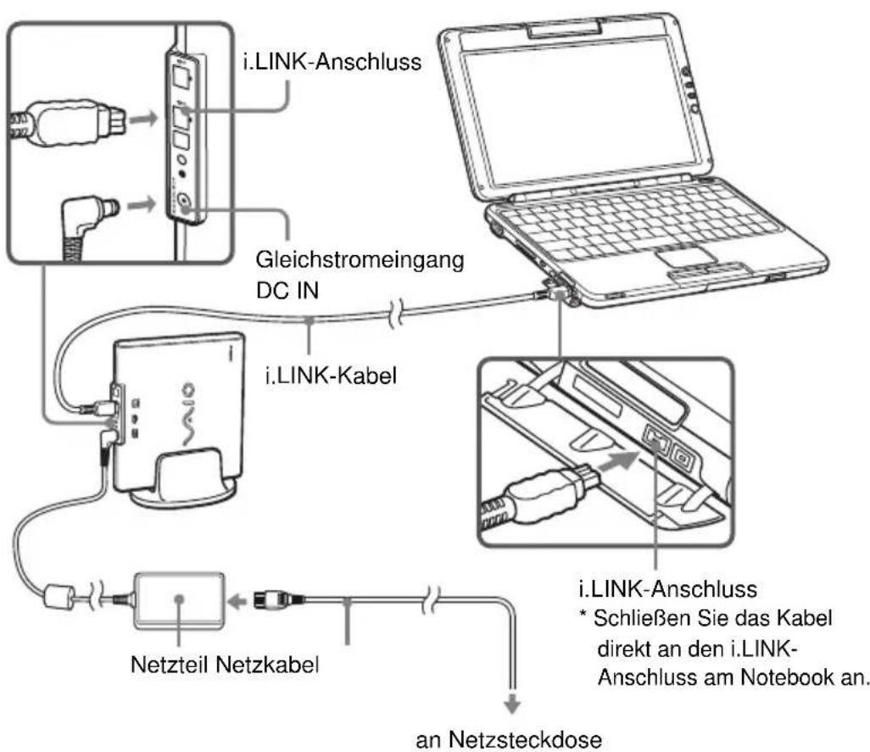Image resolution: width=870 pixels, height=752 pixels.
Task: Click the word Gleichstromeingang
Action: tap(360, 260)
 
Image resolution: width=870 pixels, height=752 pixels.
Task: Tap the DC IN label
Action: tap(287, 291)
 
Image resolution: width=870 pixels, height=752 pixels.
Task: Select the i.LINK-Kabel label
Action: tap(332, 376)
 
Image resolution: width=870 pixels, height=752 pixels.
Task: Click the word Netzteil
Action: tap(169, 664)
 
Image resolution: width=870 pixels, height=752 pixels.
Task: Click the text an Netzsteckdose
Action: tap(509, 739)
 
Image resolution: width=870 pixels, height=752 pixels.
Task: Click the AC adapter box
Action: tap(179, 600)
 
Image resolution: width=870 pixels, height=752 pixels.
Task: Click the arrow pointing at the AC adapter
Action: tap(238, 600)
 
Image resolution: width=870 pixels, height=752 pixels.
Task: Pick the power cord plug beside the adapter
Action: tap(279, 599)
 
